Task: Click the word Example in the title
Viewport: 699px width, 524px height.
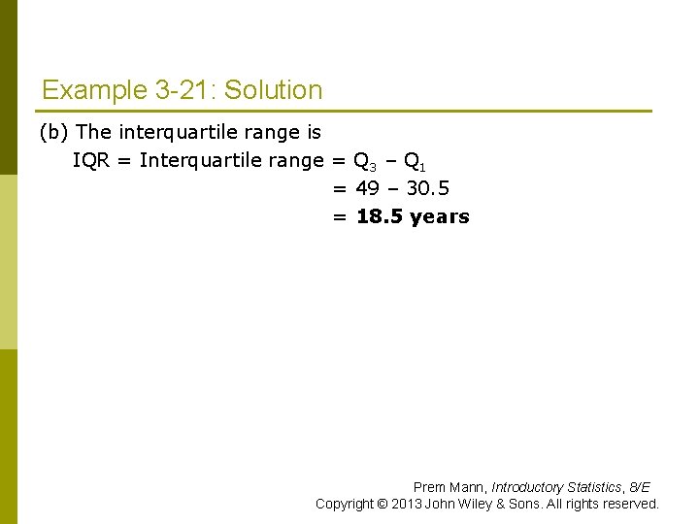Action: point(94,91)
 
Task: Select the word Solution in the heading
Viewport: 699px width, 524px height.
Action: point(276,91)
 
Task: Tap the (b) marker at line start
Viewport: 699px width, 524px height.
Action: point(53,131)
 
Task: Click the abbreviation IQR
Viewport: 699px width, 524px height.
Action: point(91,160)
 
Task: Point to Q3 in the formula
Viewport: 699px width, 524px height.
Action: point(364,161)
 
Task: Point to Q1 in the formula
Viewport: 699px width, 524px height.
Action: point(412,161)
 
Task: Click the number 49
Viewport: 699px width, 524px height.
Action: point(367,188)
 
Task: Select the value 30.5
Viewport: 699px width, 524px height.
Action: point(427,188)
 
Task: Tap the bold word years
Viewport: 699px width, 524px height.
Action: point(439,217)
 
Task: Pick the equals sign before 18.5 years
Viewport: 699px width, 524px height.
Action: point(339,217)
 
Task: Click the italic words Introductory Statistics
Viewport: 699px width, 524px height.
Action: point(557,487)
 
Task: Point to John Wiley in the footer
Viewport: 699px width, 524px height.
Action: point(455,504)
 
